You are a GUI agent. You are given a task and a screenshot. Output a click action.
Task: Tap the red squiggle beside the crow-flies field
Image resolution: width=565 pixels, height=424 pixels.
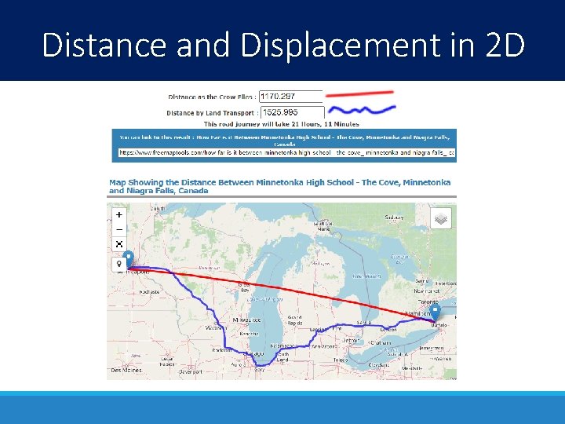(361, 94)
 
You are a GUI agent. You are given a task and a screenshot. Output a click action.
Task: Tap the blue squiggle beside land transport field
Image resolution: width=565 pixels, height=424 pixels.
(361, 110)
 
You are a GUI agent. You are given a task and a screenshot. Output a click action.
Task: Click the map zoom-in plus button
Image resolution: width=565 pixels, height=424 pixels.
(119, 214)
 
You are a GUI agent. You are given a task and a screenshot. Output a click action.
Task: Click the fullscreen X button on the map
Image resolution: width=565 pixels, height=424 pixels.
(119, 244)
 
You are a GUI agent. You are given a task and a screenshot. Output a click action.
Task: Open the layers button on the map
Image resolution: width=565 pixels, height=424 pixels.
(442, 217)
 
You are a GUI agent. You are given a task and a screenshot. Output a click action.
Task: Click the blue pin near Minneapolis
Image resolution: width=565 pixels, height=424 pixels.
(129, 259)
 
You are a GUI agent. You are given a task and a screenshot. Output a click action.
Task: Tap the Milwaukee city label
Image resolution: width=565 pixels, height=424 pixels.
(246, 320)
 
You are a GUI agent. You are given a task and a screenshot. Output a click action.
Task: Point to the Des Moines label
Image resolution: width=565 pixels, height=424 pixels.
(126, 369)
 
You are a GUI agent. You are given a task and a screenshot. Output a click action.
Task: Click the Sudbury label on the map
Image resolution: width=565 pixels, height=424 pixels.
(394, 217)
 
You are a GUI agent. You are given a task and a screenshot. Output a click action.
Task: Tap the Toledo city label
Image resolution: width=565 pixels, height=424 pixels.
(340, 360)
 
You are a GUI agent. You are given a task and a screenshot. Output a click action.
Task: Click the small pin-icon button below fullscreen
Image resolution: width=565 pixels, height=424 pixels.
(119, 265)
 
